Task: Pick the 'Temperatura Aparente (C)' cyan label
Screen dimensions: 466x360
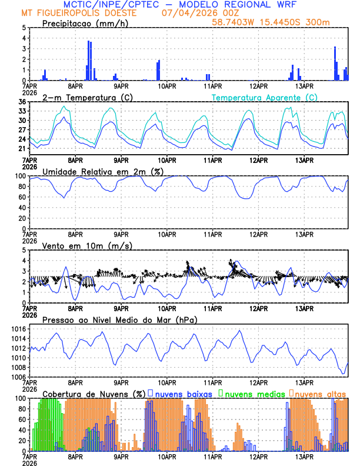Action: pos(264,97)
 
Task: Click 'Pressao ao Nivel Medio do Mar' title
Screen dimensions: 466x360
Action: pos(119,319)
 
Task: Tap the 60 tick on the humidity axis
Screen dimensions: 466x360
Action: pos(21,197)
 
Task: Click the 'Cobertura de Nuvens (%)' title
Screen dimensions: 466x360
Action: pos(94,393)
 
